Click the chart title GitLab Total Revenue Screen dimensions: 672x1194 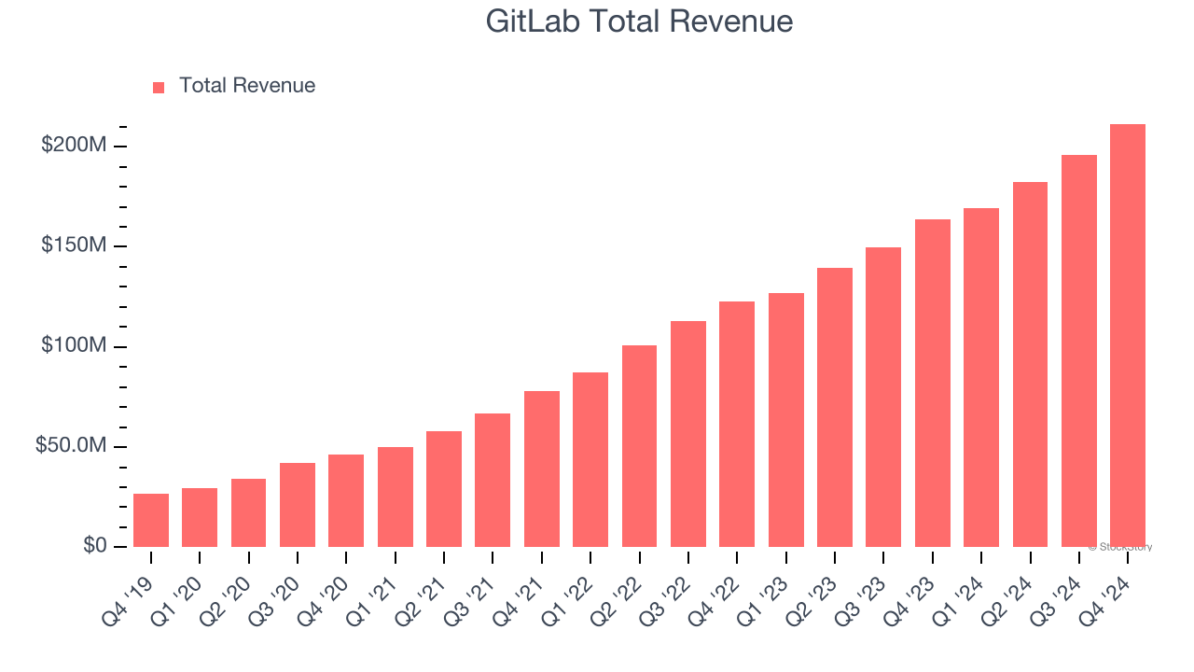[x=639, y=21]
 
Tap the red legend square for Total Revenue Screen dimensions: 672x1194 [x=159, y=87]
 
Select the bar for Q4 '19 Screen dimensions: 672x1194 [x=151, y=520]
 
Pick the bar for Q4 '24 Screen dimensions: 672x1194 [x=1127, y=336]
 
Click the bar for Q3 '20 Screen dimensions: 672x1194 [x=298, y=505]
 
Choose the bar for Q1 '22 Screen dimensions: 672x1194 [x=590, y=459]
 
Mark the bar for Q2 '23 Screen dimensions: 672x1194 [x=835, y=407]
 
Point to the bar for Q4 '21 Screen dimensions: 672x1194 [x=542, y=469]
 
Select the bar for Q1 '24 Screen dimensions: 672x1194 [x=981, y=377]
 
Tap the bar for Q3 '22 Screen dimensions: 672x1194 [x=688, y=434]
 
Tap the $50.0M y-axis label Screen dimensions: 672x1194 [x=70, y=446]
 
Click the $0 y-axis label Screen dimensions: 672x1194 [x=93, y=546]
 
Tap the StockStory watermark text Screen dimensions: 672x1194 [x=1120, y=547]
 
